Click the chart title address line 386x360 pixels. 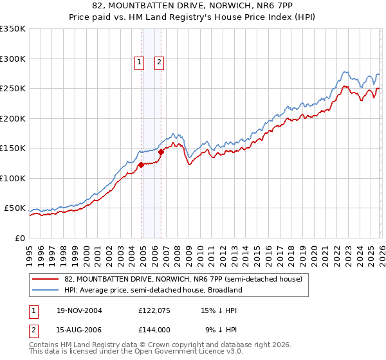193,6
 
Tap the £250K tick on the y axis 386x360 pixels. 13,88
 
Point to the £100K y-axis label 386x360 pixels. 13,178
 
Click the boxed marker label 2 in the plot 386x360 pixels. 159,62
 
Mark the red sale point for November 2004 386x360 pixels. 141,165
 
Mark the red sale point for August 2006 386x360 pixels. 161,152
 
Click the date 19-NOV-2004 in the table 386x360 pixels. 78,310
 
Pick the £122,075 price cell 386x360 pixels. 154,310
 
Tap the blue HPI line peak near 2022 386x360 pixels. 345,72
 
